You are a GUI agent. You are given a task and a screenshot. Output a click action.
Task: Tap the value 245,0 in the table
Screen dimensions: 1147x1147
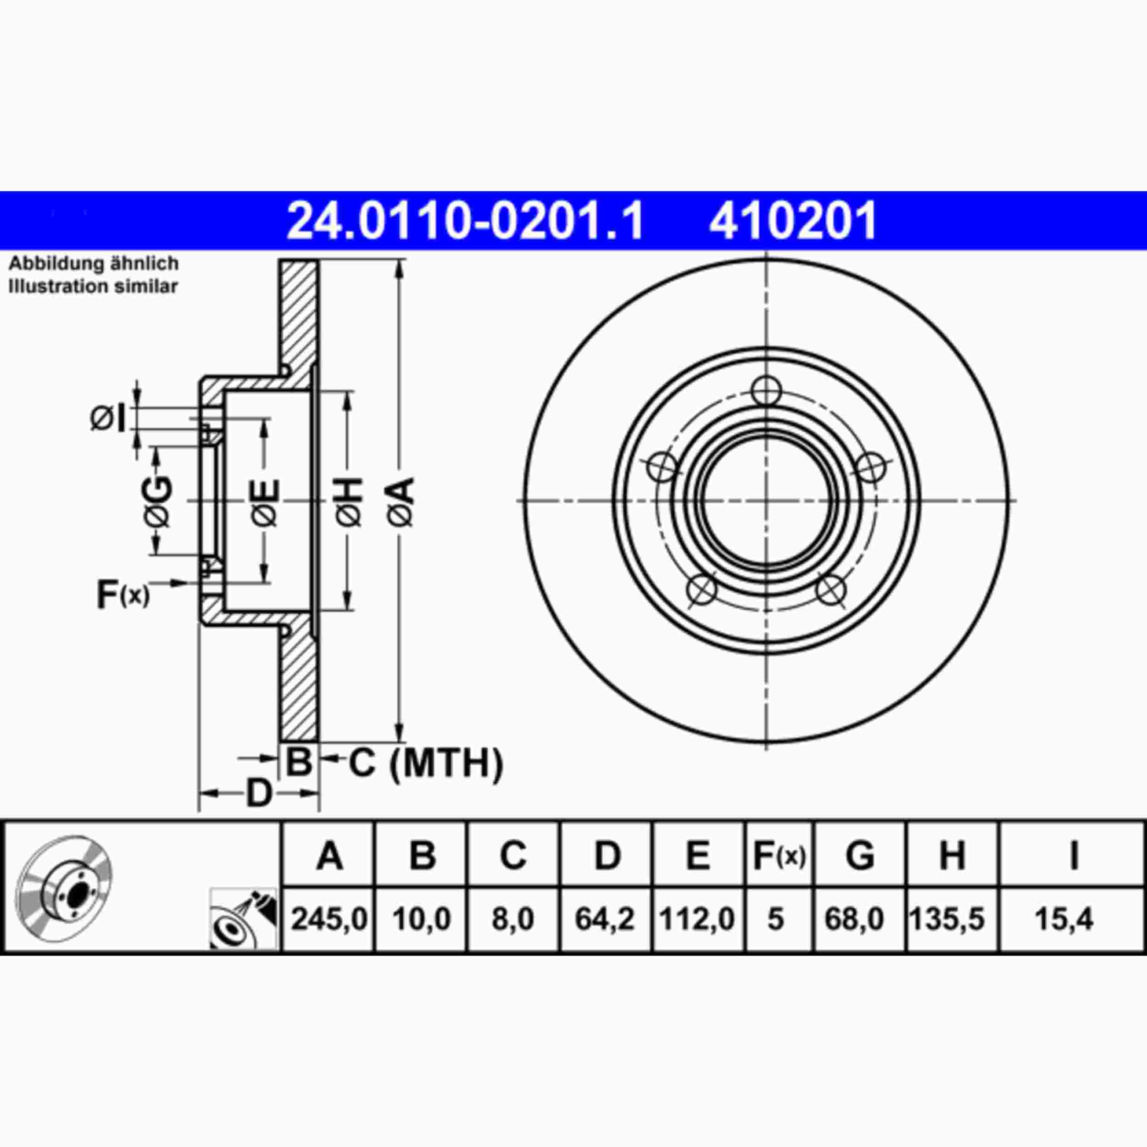click(x=329, y=919)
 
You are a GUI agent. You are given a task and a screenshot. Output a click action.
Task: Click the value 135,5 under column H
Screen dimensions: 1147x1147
click(x=947, y=919)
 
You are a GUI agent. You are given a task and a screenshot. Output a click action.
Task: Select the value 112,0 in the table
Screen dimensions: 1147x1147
click(x=697, y=919)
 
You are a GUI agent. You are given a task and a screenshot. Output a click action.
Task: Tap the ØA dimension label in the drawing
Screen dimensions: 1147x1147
click(x=401, y=501)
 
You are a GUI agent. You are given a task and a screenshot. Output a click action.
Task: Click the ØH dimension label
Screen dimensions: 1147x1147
click(x=349, y=501)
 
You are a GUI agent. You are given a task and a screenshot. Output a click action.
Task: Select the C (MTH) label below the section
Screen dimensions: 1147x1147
click(x=425, y=763)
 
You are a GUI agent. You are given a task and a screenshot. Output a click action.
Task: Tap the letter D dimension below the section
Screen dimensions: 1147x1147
click(x=259, y=793)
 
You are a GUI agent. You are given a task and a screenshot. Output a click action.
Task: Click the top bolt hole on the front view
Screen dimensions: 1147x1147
click(x=765, y=390)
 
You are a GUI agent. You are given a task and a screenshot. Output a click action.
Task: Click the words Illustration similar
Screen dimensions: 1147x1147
click(x=93, y=286)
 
